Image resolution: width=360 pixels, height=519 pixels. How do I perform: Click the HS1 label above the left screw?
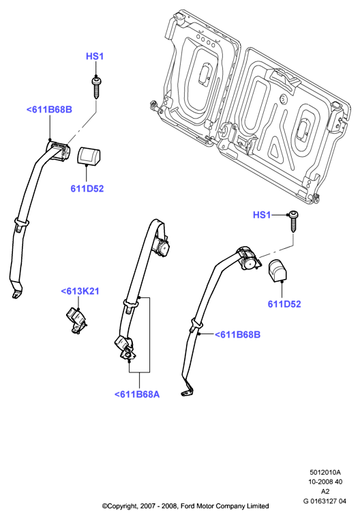pyautogui.click(x=95, y=57)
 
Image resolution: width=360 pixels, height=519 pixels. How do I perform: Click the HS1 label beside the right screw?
pyautogui.click(x=262, y=215)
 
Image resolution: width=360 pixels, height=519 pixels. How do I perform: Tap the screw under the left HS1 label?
pyautogui.click(x=96, y=88)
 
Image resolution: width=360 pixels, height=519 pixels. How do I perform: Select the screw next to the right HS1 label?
pyautogui.click(x=293, y=221)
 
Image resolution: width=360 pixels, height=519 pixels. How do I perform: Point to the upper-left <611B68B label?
pyautogui.click(x=49, y=110)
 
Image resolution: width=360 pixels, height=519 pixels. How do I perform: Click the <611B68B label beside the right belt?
pyautogui.click(x=237, y=335)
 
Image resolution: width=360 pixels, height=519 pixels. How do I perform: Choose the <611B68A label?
pyautogui.click(x=137, y=394)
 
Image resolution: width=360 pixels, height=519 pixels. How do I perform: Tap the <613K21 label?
pyautogui.click(x=80, y=291)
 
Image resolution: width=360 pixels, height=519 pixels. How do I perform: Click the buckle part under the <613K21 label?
pyautogui.click(x=77, y=321)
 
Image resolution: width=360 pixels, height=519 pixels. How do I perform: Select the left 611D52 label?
pyautogui.click(x=87, y=189)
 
